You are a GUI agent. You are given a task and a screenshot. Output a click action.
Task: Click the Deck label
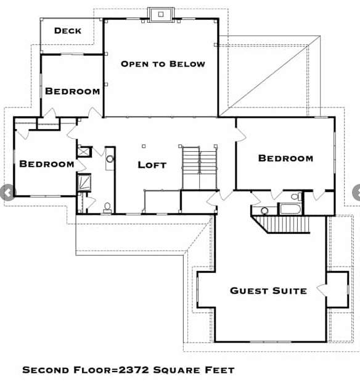(x=68, y=31)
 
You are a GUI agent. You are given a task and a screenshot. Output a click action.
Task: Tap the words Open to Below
(x=163, y=64)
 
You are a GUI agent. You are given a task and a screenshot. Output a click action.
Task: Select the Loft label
(x=152, y=165)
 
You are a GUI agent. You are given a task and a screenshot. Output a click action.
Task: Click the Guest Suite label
(x=268, y=291)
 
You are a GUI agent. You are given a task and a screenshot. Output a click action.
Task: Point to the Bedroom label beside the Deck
(x=73, y=91)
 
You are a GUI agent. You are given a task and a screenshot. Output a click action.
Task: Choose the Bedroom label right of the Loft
(x=285, y=158)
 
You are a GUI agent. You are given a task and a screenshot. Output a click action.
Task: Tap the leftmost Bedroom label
(x=47, y=164)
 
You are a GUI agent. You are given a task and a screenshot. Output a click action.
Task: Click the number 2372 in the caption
(x=134, y=370)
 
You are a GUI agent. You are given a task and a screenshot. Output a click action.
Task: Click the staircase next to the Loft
(x=199, y=168)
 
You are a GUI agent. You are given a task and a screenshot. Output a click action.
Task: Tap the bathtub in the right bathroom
(x=290, y=209)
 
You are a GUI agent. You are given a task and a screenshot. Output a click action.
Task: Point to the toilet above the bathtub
(x=296, y=196)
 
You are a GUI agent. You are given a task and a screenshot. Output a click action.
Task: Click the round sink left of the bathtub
(x=264, y=210)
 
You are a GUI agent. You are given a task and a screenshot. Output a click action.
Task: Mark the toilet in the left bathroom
(x=107, y=207)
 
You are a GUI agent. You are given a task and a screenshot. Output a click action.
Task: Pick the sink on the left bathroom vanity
(x=110, y=159)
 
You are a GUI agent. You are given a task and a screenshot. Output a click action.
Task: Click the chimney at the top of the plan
(x=161, y=15)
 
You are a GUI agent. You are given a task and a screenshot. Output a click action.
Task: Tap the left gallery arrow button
(x=7, y=193)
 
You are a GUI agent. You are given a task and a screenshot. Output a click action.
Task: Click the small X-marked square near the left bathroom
(x=84, y=152)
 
